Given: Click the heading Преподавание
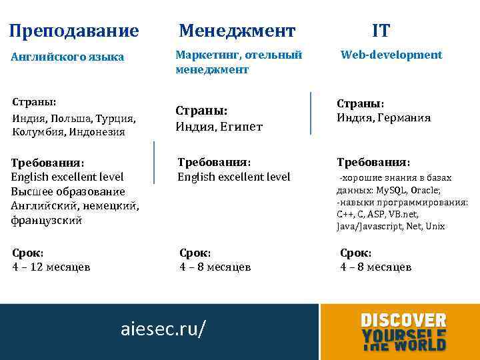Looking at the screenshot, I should (x=74, y=31).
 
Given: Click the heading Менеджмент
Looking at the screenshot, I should (x=237, y=31).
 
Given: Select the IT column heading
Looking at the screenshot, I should (x=381, y=31).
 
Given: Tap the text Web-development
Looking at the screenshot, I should (x=391, y=55).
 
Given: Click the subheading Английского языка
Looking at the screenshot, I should (x=68, y=57).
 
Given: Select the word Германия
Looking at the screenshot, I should (x=405, y=118).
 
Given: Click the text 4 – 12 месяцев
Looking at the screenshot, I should (x=51, y=267).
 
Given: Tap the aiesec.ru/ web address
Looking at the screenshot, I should (x=164, y=329).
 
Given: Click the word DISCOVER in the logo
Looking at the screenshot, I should (x=403, y=321).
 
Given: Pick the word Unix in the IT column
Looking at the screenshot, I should (x=435, y=227).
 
